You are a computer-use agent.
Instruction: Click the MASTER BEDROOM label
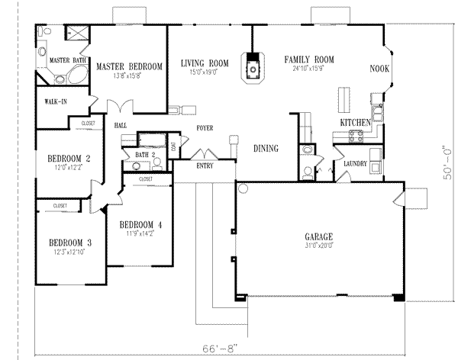click(129, 67)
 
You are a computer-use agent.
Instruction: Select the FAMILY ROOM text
click(310, 59)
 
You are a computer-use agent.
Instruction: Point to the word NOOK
click(379, 68)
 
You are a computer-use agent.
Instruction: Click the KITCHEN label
click(356, 122)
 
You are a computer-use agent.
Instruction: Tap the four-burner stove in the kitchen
click(356, 137)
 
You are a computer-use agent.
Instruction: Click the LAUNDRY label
click(356, 163)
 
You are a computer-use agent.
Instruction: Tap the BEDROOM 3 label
click(69, 243)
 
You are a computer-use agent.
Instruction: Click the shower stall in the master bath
click(77, 33)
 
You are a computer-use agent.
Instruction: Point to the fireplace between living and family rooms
click(251, 66)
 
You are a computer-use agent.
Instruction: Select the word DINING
click(266, 149)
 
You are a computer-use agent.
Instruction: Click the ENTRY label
click(205, 165)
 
